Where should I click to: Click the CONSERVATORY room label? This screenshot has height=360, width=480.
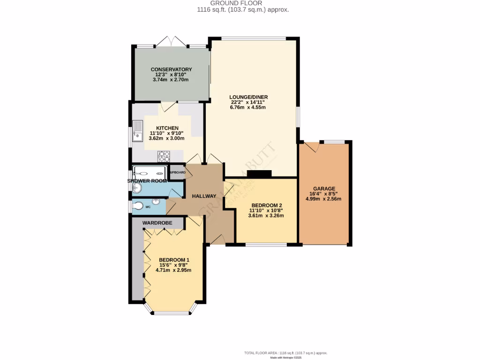click(x=171, y=69)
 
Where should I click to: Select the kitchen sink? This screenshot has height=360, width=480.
click(x=138, y=130)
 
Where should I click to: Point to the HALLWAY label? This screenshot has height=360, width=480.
click(x=204, y=196)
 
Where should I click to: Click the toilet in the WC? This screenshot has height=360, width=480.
click(x=138, y=205)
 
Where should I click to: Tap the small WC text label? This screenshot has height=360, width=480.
click(x=148, y=206)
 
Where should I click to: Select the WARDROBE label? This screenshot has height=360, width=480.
click(x=157, y=223)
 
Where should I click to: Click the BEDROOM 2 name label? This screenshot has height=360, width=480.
click(x=266, y=205)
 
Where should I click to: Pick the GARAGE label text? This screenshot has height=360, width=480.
click(x=324, y=188)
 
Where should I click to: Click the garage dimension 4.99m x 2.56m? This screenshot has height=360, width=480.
click(x=324, y=199)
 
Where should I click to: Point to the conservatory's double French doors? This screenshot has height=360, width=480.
click(x=171, y=42)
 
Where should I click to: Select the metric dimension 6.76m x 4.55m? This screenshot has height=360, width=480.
click(x=247, y=107)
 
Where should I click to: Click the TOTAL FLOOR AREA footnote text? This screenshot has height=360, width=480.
click(x=285, y=352)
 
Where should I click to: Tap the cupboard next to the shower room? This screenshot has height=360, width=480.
click(x=177, y=172)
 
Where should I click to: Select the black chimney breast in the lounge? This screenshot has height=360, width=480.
click(x=259, y=174)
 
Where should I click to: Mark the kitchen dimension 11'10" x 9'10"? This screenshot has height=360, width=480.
click(x=167, y=133)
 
